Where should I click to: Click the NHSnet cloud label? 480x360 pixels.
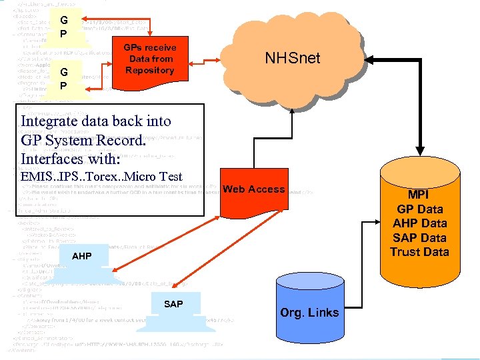click(292, 58)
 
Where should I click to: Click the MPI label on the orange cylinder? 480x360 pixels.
click(419, 195)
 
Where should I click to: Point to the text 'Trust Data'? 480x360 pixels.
click(419, 252)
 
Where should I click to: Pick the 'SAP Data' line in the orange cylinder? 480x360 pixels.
click(419, 237)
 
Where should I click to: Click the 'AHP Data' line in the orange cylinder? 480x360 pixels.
click(419, 223)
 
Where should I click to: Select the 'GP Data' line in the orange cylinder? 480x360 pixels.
click(419, 209)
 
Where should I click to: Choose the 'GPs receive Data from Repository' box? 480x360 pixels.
click(150, 59)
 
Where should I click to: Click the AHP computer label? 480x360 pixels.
click(82, 257)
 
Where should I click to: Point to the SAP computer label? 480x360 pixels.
click(173, 304)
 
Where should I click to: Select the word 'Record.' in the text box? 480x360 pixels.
click(121, 141)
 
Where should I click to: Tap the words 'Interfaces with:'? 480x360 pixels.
click(71, 159)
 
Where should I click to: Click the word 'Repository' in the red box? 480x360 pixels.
click(150, 71)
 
